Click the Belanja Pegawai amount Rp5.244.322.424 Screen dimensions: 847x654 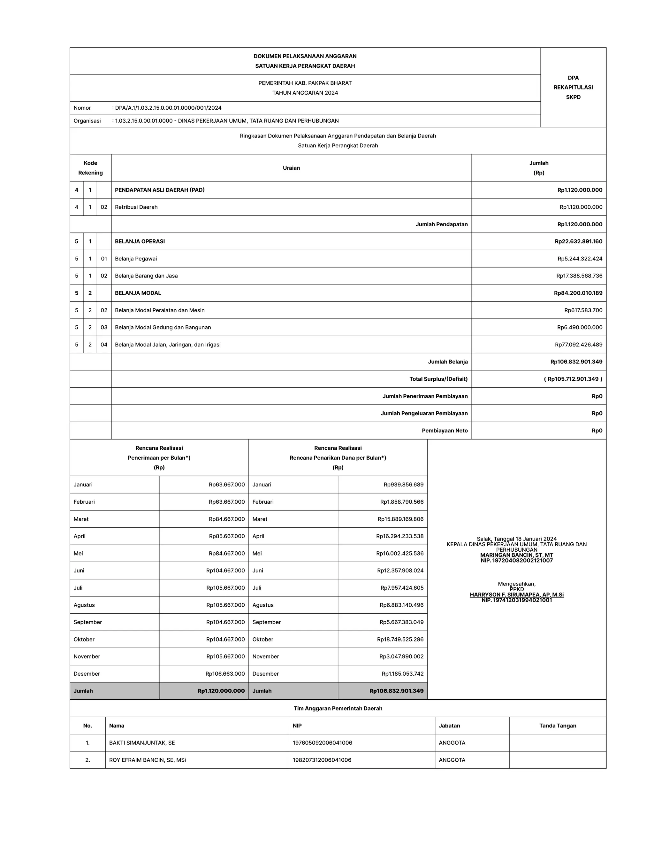point(580,259)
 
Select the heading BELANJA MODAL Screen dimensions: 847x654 point(138,293)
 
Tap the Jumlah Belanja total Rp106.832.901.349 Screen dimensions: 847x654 point(576,362)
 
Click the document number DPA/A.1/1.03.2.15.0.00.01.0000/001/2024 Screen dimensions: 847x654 point(168,108)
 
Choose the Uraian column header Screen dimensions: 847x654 point(291,168)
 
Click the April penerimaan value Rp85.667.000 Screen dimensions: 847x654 point(227,536)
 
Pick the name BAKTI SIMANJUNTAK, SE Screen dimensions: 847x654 point(142,743)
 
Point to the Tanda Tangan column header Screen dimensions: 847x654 point(558,726)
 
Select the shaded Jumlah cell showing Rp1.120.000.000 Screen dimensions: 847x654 point(221,691)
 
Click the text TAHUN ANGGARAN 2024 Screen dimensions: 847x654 point(305,93)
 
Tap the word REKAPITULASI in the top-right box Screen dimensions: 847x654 point(573,87)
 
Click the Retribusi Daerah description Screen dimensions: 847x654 point(136,207)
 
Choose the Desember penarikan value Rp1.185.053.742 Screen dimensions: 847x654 point(403,674)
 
